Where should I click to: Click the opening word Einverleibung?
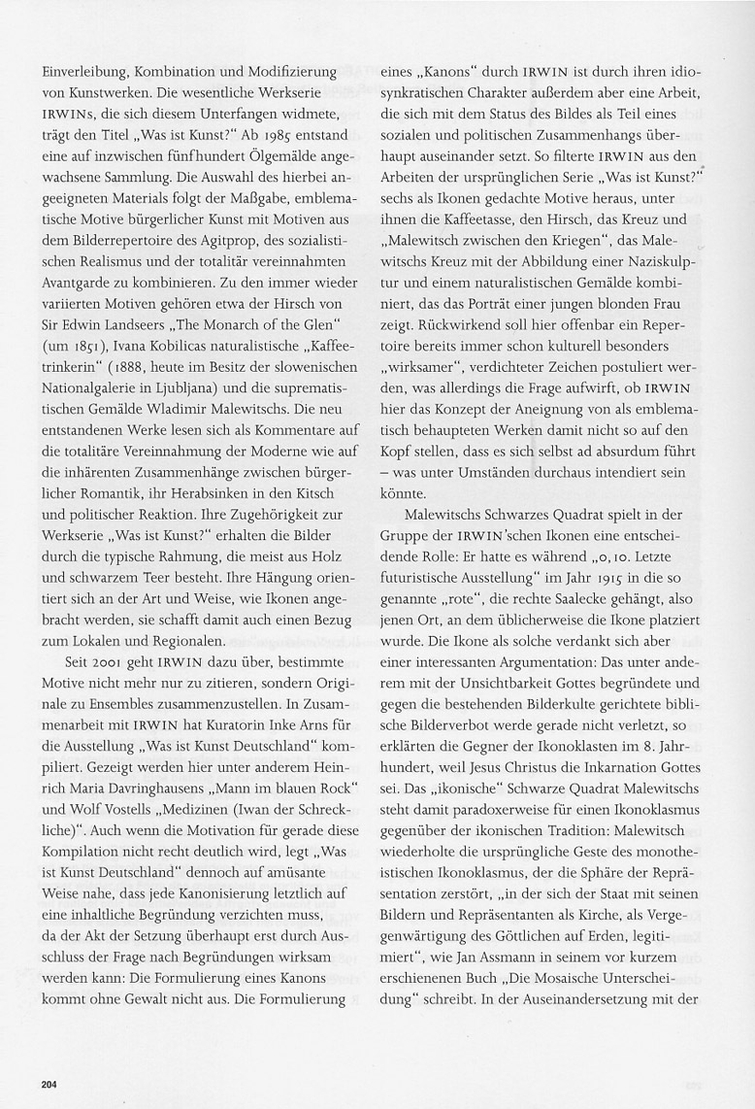coord(84,73)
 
